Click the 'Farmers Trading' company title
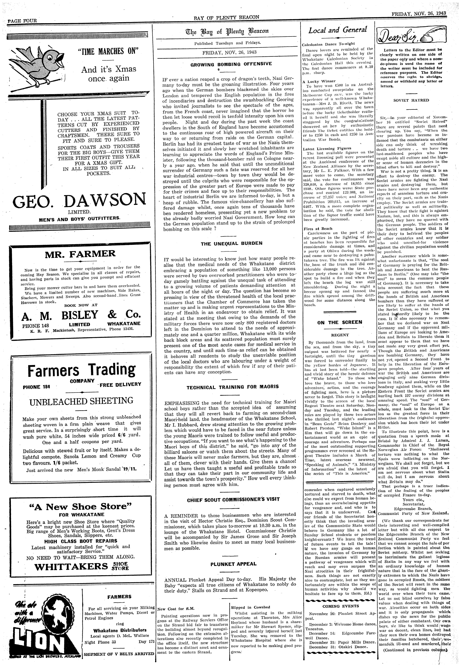point(81,370)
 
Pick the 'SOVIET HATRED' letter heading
point(411,100)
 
